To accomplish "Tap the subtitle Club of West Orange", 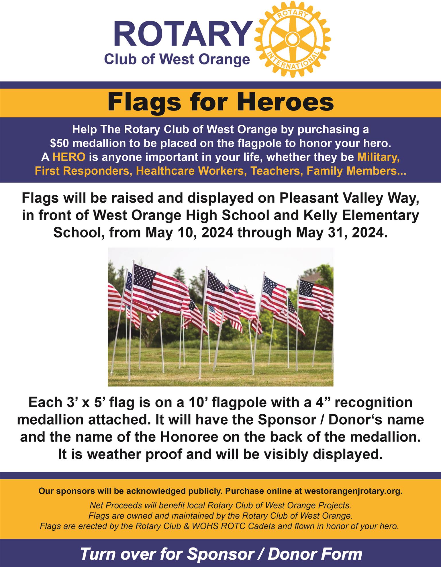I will [x=177, y=59].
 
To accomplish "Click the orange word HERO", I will [x=69, y=157].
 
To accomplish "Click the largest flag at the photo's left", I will [x=160, y=289].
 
